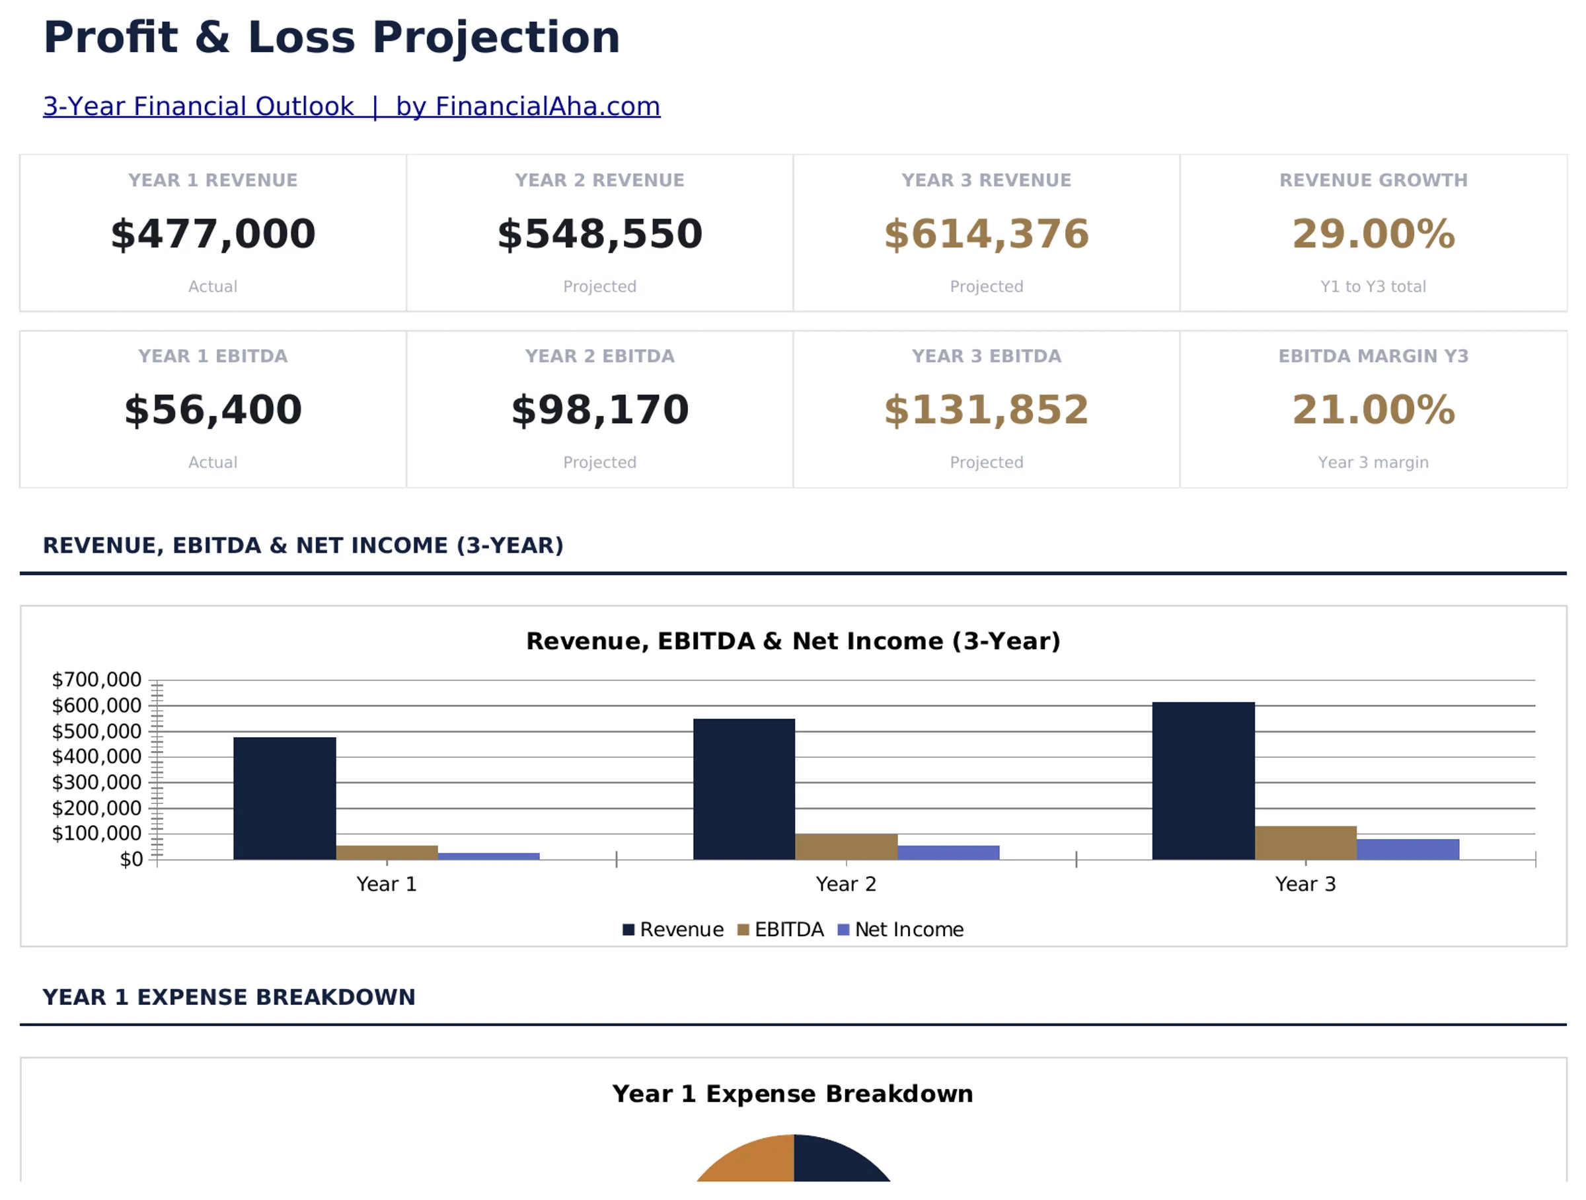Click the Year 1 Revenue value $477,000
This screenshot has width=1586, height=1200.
pyautogui.click(x=213, y=234)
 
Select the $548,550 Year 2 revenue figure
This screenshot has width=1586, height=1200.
pyautogui.click(x=599, y=234)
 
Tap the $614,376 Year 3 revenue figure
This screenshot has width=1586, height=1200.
pyautogui.click(x=986, y=234)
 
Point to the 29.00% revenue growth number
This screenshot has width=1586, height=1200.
pyautogui.click(x=1373, y=234)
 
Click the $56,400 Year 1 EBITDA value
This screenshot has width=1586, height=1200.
pyautogui.click(x=213, y=409)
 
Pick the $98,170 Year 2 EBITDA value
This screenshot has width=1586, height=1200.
pyautogui.click(x=599, y=409)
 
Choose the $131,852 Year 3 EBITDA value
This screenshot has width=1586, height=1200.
pyautogui.click(x=986, y=409)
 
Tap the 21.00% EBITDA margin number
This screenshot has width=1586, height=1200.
pyautogui.click(x=1373, y=409)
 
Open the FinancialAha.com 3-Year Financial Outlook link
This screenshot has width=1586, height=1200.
pyautogui.click(x=352, y=106)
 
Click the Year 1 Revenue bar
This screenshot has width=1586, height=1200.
pyautogui.click(x=285, y=797)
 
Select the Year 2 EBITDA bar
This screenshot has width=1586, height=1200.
pyautogui.click(x=846, y=846)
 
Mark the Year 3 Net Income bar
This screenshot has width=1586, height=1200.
pyautogui.click(x=1408, y=849)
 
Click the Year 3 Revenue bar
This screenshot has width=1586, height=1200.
pyautogui.click(x=1203, y=780)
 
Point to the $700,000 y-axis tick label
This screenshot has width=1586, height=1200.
pyautogui.click(x=96, y=679)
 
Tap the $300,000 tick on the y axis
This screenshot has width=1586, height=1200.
pyautogui.click(x=96, y=782)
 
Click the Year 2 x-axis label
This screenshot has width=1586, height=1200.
pyautogui.click(x=846, y=884)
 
